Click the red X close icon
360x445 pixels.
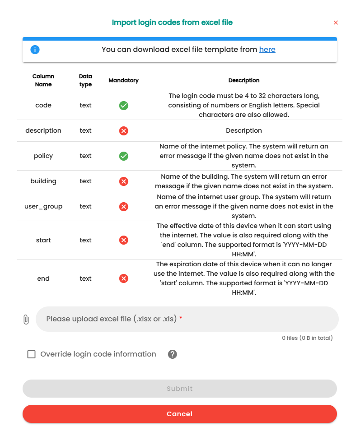click(x=336, y=23)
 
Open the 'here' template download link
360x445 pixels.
click(x=267, y=50)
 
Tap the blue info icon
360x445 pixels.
click(x=35, y=50)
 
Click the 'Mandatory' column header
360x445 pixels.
click(x=123, y=80)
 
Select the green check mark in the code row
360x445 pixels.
click(x=123, y=106)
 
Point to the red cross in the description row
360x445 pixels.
click(x=123, y=131)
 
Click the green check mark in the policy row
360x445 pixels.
click(x=123, y=156)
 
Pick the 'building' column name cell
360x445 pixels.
click(x=43, y=181)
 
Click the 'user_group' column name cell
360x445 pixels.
click(x=43, y=207)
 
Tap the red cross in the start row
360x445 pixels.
click(x=123, y=240)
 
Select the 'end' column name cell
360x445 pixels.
click(x=43, y=278)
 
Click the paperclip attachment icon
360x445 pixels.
click(x=26, y=320)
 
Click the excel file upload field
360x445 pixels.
click(x=187, y=319)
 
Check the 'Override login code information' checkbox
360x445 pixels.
click(x=31, y=354)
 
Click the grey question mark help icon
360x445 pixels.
click(x=172, y=354)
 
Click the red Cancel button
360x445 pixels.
click(x=180, y=414)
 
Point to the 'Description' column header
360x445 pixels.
click(x=244, y=80)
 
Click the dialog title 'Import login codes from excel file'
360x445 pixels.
click(x=172, y=22)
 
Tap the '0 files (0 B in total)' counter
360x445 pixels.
click(x=307, y=338)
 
